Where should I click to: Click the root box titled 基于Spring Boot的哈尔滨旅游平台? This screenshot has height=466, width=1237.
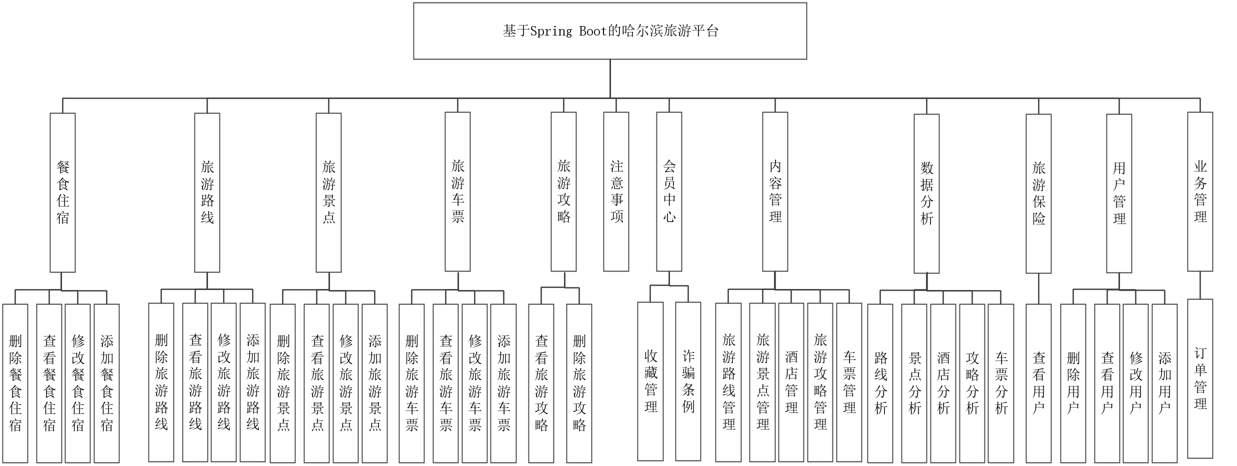click(610, 31)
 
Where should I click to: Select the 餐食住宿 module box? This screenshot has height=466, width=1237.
click(62, 192)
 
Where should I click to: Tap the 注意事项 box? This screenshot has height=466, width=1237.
click(616, 192)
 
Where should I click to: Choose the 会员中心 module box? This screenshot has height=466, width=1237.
click(669, 192)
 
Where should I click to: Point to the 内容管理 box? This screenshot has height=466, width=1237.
click(775, 192)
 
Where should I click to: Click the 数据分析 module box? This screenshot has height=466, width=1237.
click(926, 193)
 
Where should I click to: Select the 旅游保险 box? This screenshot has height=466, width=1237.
click(1038, 193)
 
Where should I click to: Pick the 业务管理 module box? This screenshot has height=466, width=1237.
click(1200, 192)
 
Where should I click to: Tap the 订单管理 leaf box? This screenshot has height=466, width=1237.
click(1200, 378)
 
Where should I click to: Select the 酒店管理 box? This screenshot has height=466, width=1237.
click(791, 382)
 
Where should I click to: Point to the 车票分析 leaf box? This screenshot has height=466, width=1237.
click(1001, 383)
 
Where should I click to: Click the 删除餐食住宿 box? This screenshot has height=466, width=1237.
click(15, 383)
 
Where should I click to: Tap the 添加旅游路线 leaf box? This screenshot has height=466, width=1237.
click(252, 382)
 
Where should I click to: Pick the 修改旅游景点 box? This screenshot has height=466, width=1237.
click(346, 383)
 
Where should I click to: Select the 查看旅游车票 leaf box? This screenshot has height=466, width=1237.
click(445, 383)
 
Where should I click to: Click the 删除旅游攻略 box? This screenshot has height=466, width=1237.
click(579, 383)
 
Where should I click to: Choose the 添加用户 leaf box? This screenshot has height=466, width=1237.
click(1164, 383)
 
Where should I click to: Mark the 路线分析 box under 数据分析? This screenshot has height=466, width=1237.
click(880, 383)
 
